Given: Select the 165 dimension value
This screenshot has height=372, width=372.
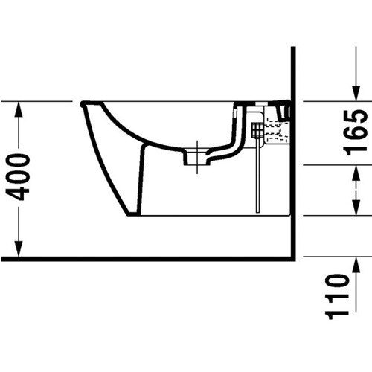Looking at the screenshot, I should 358,131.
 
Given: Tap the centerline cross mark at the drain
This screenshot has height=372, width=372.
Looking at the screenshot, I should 196,147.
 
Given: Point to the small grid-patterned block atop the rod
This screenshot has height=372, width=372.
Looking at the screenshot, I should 257,129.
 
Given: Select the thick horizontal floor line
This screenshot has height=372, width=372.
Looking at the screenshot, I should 149,258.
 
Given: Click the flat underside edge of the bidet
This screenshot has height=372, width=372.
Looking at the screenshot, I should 216,216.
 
